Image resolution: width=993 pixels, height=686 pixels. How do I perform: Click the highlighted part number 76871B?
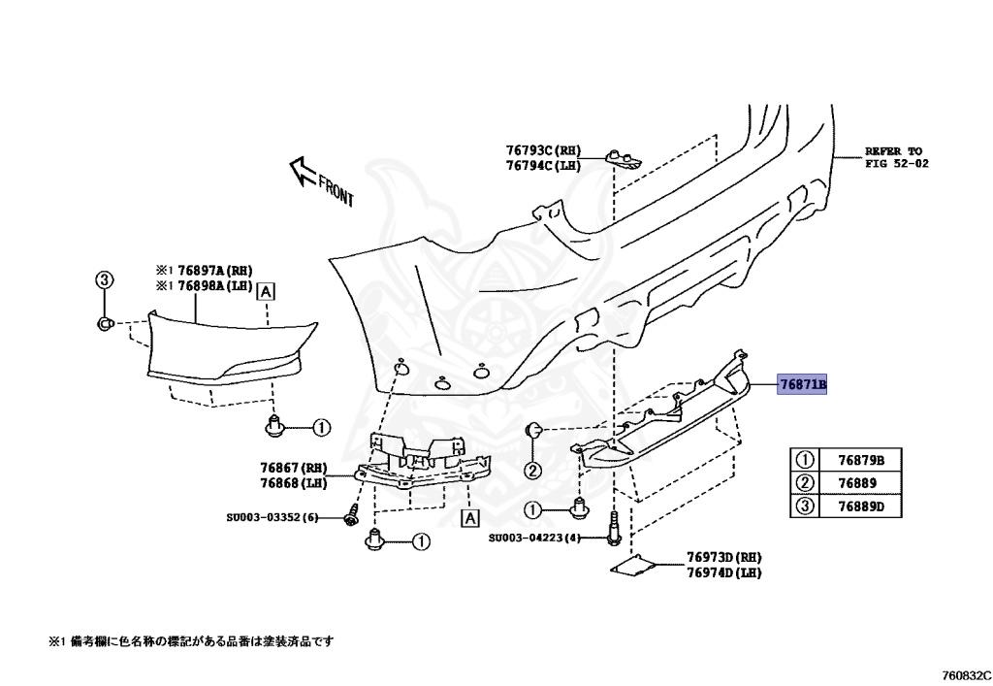[x=803, y=385]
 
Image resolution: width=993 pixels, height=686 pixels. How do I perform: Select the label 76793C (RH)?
[x=542, y=150]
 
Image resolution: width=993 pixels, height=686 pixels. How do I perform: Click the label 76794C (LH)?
[x=542, y=166]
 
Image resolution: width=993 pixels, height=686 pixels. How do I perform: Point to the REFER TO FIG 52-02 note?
[x=896, y=157]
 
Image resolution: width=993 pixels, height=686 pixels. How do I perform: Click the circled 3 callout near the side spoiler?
[x=104, y=280]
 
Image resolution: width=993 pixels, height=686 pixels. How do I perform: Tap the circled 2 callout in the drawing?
[x=532, y=472]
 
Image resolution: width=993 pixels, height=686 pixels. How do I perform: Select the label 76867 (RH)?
[x=294, y=468]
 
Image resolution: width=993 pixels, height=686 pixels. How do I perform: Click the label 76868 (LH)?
[x=294, y=482]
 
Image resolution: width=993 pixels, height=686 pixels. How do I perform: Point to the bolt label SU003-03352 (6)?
[x=272, y=517]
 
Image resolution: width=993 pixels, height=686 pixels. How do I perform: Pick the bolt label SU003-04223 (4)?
[x=533, y=539]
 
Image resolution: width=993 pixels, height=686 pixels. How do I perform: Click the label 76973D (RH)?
[x=723, y=557]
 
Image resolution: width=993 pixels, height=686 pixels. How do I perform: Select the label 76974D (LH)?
[x=723, y=572]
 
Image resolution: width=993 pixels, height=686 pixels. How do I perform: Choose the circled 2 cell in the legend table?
[x=804, y=483]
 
